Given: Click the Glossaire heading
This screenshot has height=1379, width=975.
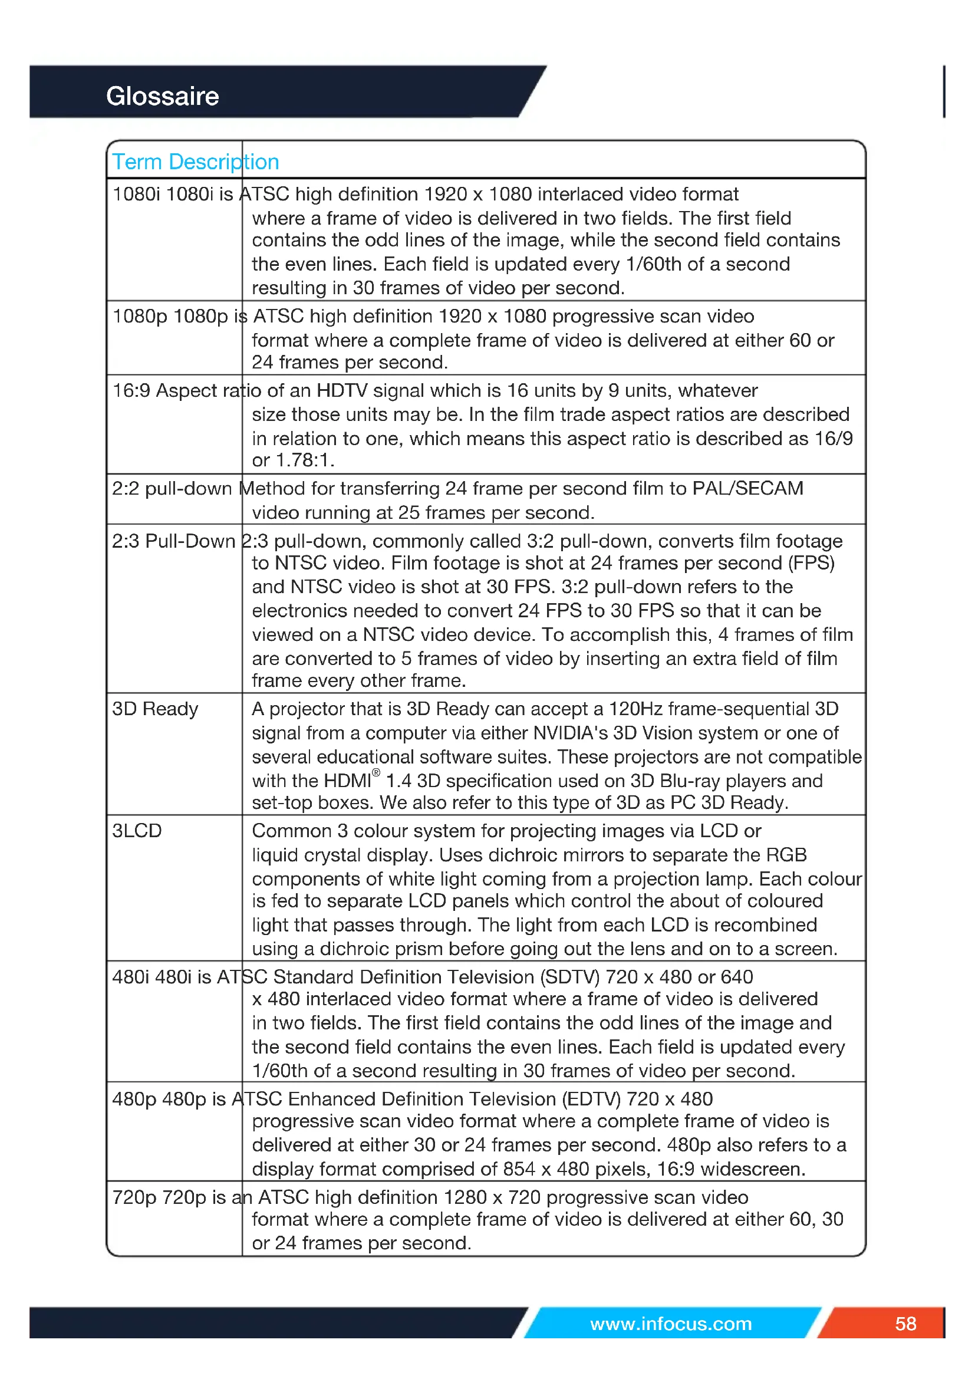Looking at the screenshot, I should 162,96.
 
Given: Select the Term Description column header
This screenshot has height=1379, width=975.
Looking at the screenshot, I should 195,162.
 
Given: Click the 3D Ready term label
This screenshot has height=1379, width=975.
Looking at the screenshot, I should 155,709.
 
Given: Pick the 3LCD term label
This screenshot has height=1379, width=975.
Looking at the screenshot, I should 137,831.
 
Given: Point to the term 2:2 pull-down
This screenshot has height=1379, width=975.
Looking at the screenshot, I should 172,488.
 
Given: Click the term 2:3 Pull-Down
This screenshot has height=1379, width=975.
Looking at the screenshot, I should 173,541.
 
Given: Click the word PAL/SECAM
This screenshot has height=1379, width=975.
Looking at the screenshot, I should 747,488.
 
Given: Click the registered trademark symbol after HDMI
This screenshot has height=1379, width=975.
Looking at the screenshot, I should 377,773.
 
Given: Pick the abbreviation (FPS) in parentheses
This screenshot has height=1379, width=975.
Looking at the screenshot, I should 811,563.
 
